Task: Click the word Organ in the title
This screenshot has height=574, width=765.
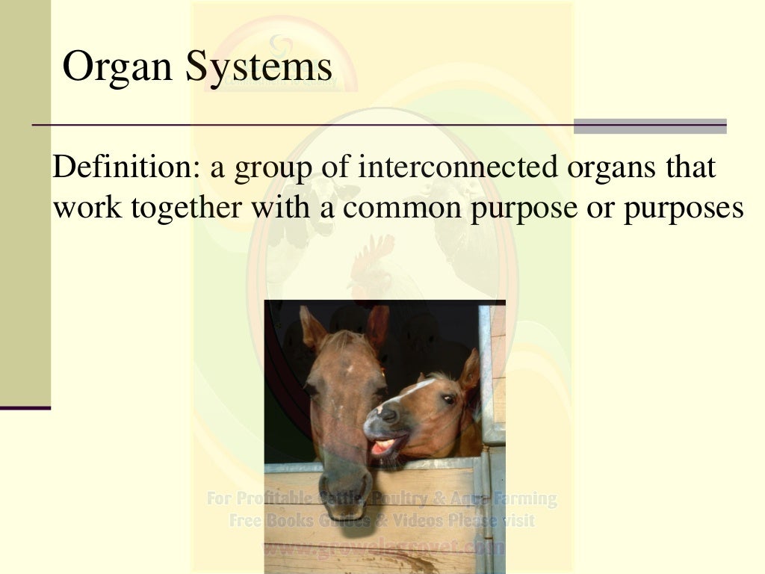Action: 119,67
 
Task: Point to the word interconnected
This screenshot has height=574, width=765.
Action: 457,167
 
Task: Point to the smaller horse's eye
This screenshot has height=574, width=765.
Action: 448,401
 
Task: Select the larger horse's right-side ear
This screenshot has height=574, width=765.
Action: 377,325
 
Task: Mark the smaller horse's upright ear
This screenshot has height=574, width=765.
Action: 470,370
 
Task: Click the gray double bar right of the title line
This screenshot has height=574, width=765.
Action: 650,126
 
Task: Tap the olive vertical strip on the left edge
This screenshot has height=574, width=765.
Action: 25,202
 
